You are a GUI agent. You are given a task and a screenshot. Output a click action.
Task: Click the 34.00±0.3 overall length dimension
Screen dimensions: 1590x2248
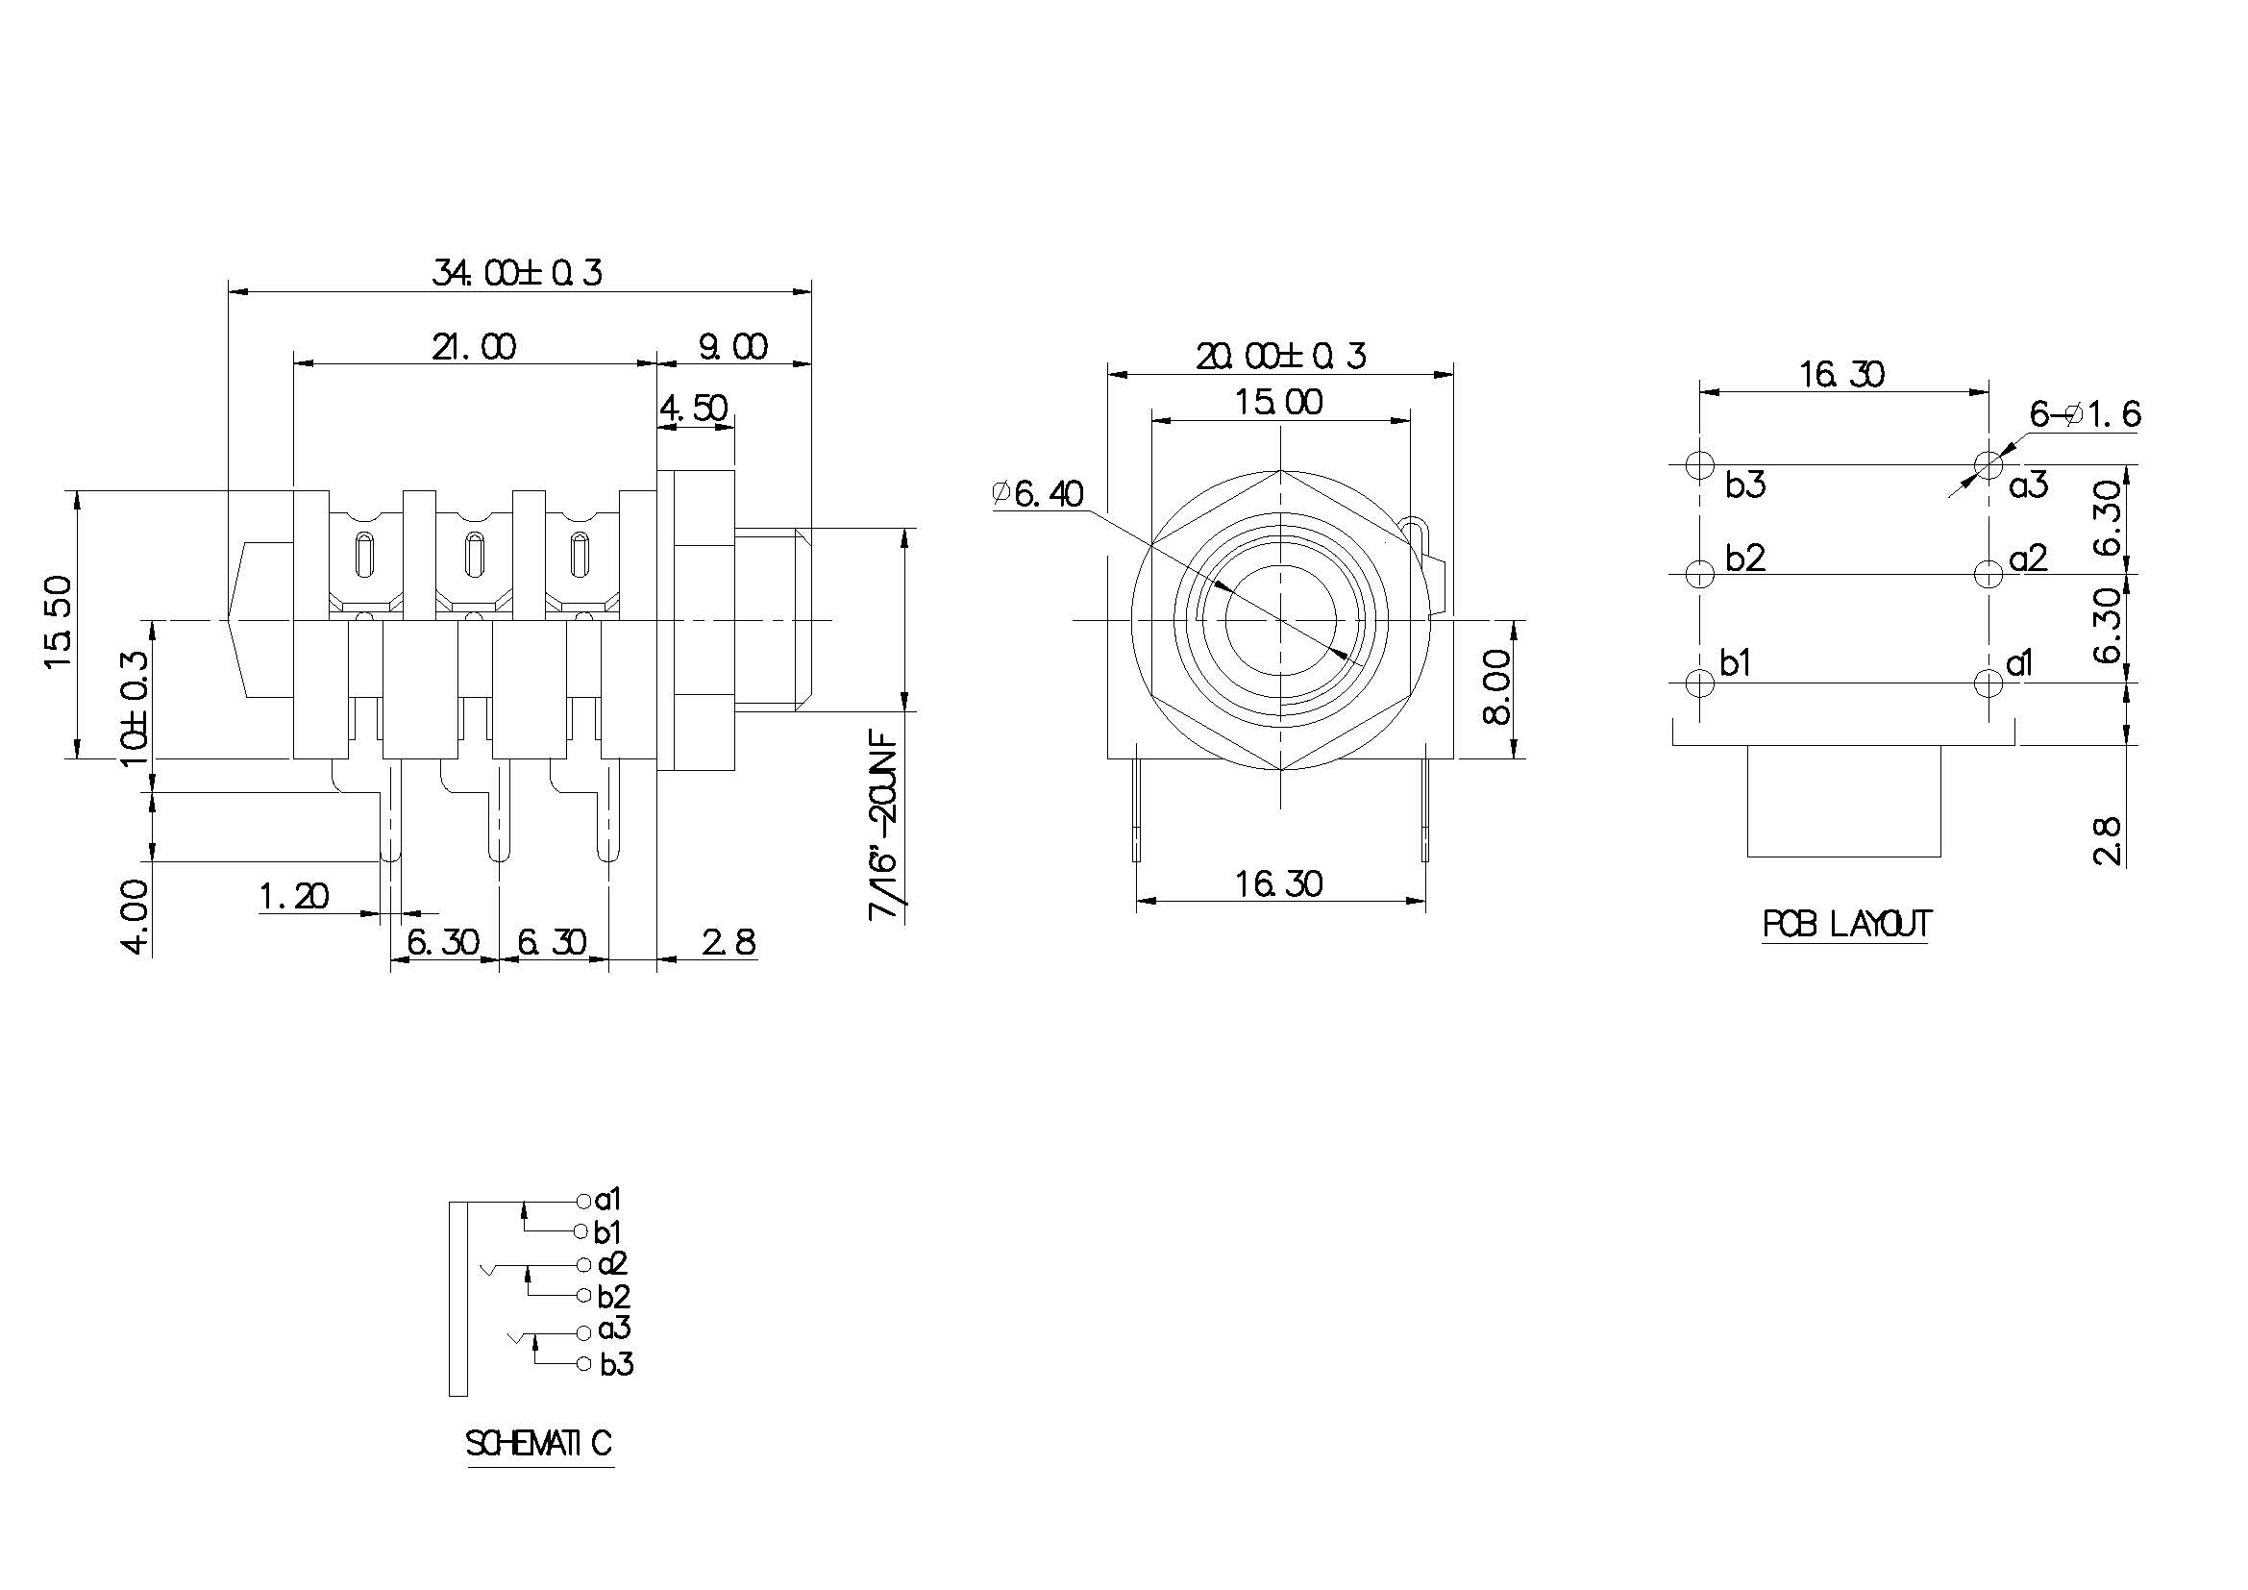[x=517, y=272]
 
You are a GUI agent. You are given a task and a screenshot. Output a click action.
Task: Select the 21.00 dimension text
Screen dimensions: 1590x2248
[x=474, y=347]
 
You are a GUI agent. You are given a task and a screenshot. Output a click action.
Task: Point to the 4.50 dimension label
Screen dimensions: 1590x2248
[x=694, y=408]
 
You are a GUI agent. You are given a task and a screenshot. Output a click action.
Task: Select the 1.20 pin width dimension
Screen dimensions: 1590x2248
[x=294, y=895]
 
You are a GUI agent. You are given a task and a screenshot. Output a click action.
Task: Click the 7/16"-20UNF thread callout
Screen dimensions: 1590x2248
[x=883, y=826]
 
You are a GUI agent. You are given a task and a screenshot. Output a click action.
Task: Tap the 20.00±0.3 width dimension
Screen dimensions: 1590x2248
[x=1279, y=356]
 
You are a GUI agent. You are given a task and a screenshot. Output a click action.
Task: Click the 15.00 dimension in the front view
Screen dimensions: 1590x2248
[x=1278, y=402]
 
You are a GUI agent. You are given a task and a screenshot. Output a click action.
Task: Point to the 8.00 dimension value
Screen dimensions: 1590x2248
[x=1498, y=689]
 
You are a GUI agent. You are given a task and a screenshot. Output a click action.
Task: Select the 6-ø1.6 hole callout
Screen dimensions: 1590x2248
[x=2085, y=415]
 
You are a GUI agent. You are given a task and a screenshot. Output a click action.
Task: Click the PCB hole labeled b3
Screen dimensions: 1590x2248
[x=1701, y=464]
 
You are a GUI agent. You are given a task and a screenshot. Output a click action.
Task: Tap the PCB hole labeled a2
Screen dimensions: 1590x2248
[x=1989, y=573]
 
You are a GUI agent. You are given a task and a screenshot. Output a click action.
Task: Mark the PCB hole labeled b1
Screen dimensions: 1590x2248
[x=1701, y=682]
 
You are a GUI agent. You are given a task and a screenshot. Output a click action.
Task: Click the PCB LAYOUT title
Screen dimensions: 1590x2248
[x=1846, y=924]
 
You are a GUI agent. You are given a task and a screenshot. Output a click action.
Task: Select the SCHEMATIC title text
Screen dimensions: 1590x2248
[x=539, y=1443]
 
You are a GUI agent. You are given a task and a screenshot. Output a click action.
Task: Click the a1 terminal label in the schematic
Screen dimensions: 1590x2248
[x=608, y=1200]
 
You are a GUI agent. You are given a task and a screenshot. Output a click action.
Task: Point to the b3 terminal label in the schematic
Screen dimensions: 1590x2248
[x=617, y=1364]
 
